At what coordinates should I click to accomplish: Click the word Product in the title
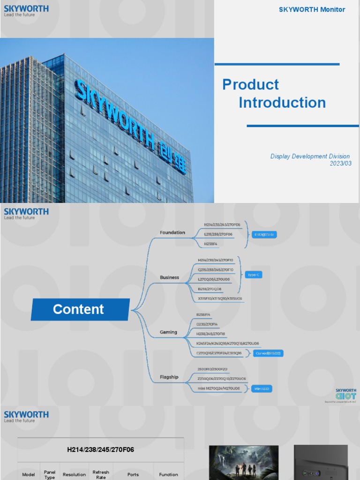(x=250, y=85)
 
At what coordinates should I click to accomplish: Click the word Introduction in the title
(x=282, y=103)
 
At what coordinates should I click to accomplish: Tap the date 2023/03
(x=340, y=163)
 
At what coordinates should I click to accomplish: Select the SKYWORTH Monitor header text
(x=312, y=9)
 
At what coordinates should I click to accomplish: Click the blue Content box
(x=80, y=309)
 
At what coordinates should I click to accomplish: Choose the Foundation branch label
(x=172, y=232)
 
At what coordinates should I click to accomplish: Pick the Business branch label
(x=169, y=277)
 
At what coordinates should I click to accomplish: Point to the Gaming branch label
(x=168, y=332)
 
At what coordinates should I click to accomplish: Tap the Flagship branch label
(x=169, y=377)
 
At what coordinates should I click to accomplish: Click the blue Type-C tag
(x=253, y=275)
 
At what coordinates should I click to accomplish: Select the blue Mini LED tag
(x=262, y=389)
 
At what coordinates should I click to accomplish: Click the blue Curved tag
(x=269, y=353)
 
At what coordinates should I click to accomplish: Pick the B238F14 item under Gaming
(x=204, y=315)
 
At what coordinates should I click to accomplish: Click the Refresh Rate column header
(x=101, y=474)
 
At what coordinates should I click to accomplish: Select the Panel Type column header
(x=50, y=474)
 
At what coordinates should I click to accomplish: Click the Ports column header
(x=133, y=474)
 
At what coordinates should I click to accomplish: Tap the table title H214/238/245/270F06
(x=100, y=450)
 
